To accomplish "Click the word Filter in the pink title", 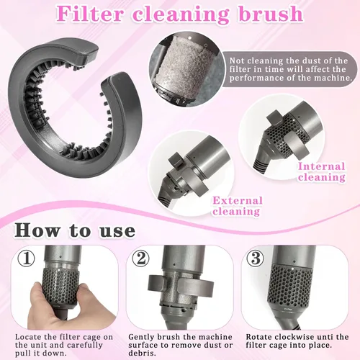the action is tap(89, 14).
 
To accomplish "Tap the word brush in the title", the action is tap(271, 14).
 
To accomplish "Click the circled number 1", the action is tap(27, 258).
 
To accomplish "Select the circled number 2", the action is tap(140, 258).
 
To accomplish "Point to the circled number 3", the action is tap(256, 258).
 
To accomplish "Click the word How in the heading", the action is tap(37, 230).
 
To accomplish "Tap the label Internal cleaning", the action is tap(322, 172).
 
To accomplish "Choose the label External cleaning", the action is tap(237, 206).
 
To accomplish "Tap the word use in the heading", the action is tap(117, 232).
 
